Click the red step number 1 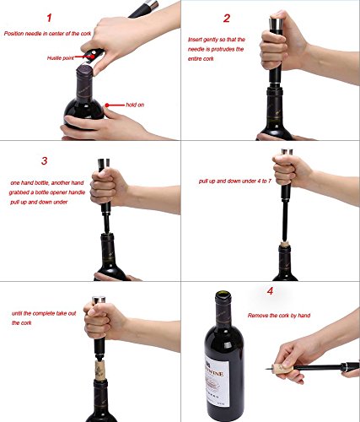point(50,18)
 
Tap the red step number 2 point(227,19)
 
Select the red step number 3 point(44,160)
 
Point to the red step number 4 point(270,291)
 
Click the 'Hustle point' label point(61,58)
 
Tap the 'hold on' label point(135,105)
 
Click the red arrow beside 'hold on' point(115,105)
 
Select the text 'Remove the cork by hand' point(279,316)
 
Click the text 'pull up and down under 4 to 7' point(235,181)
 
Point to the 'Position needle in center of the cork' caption point(48,34)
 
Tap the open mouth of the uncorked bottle point(223,295)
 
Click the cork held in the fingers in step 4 point(282,368)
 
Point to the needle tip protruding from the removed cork point(266,368)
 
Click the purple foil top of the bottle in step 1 point(84,71)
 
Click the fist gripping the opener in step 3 point(108,186)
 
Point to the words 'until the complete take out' point(44,313)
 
